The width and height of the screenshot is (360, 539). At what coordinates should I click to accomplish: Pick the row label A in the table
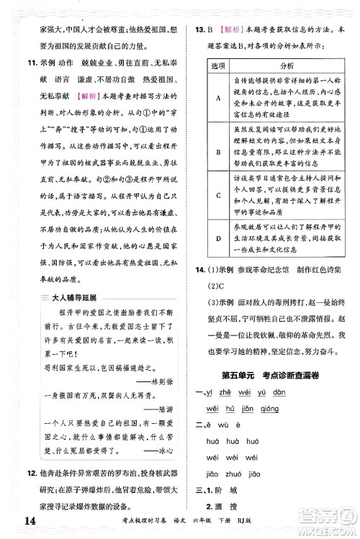[217, 99]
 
